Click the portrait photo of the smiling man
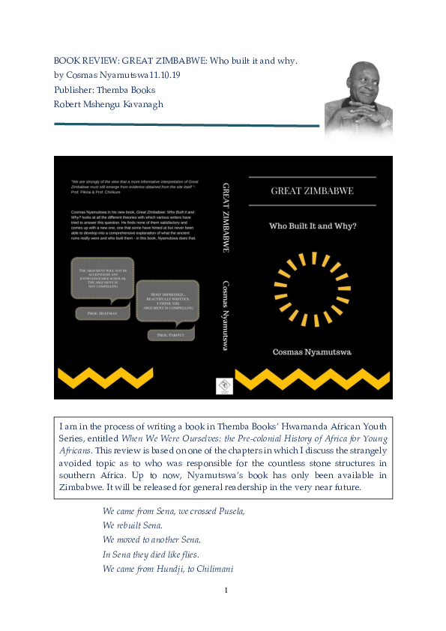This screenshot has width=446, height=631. click(x=358, y=97)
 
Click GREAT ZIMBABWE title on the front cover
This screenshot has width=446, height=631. click(x=312, y=191)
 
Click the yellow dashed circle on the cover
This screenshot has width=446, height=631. click(x=312, y=289)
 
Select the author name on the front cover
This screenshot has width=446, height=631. click(x=312, y=351)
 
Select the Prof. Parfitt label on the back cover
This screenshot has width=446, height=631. click(x=170, y=336)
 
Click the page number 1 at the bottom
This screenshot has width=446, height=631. click(x=226, y=591)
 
